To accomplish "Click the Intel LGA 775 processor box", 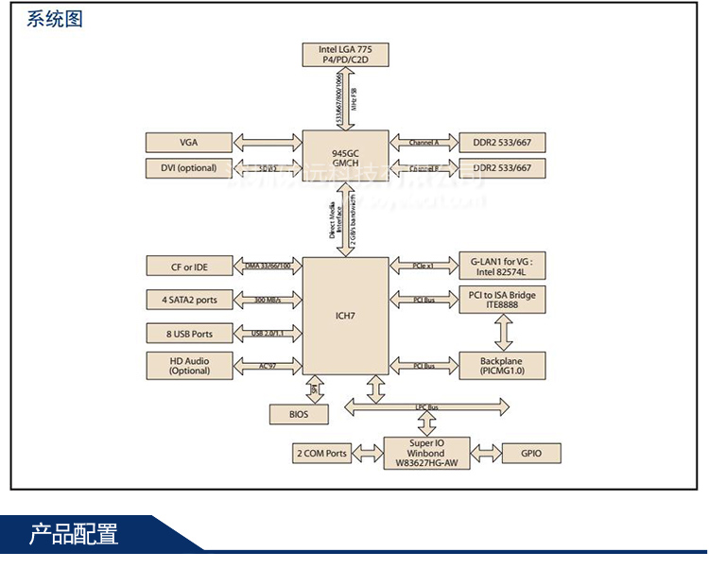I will [345, 54].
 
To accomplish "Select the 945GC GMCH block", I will [345, 155].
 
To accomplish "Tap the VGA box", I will [189, 143].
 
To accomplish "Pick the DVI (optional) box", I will [189, 168].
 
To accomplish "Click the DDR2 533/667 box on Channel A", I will [502, 143].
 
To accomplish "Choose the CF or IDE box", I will [189, 267].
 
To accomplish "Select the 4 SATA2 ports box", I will [189, 300].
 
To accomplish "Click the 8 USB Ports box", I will [189, 333].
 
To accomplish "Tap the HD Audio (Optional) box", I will [189, 366].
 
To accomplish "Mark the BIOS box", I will [299, 414].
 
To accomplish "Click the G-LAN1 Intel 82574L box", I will [501, 267].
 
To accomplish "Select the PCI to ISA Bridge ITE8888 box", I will [501, 300].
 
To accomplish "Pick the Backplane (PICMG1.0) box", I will [501, 366].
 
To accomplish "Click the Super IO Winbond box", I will [426, 453].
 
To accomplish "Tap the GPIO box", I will [531, 453].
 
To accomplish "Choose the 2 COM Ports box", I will [321, 453].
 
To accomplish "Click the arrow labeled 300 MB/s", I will [268, 301].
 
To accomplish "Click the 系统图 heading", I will [55, 19].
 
